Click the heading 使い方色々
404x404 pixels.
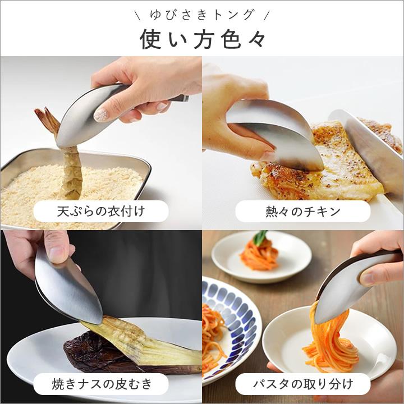202,38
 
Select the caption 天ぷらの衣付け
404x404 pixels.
101,212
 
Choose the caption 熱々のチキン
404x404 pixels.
303,212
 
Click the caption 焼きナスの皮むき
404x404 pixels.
101,384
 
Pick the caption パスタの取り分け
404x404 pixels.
303,384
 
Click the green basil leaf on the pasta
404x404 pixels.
260,238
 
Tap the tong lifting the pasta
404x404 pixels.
342,292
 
